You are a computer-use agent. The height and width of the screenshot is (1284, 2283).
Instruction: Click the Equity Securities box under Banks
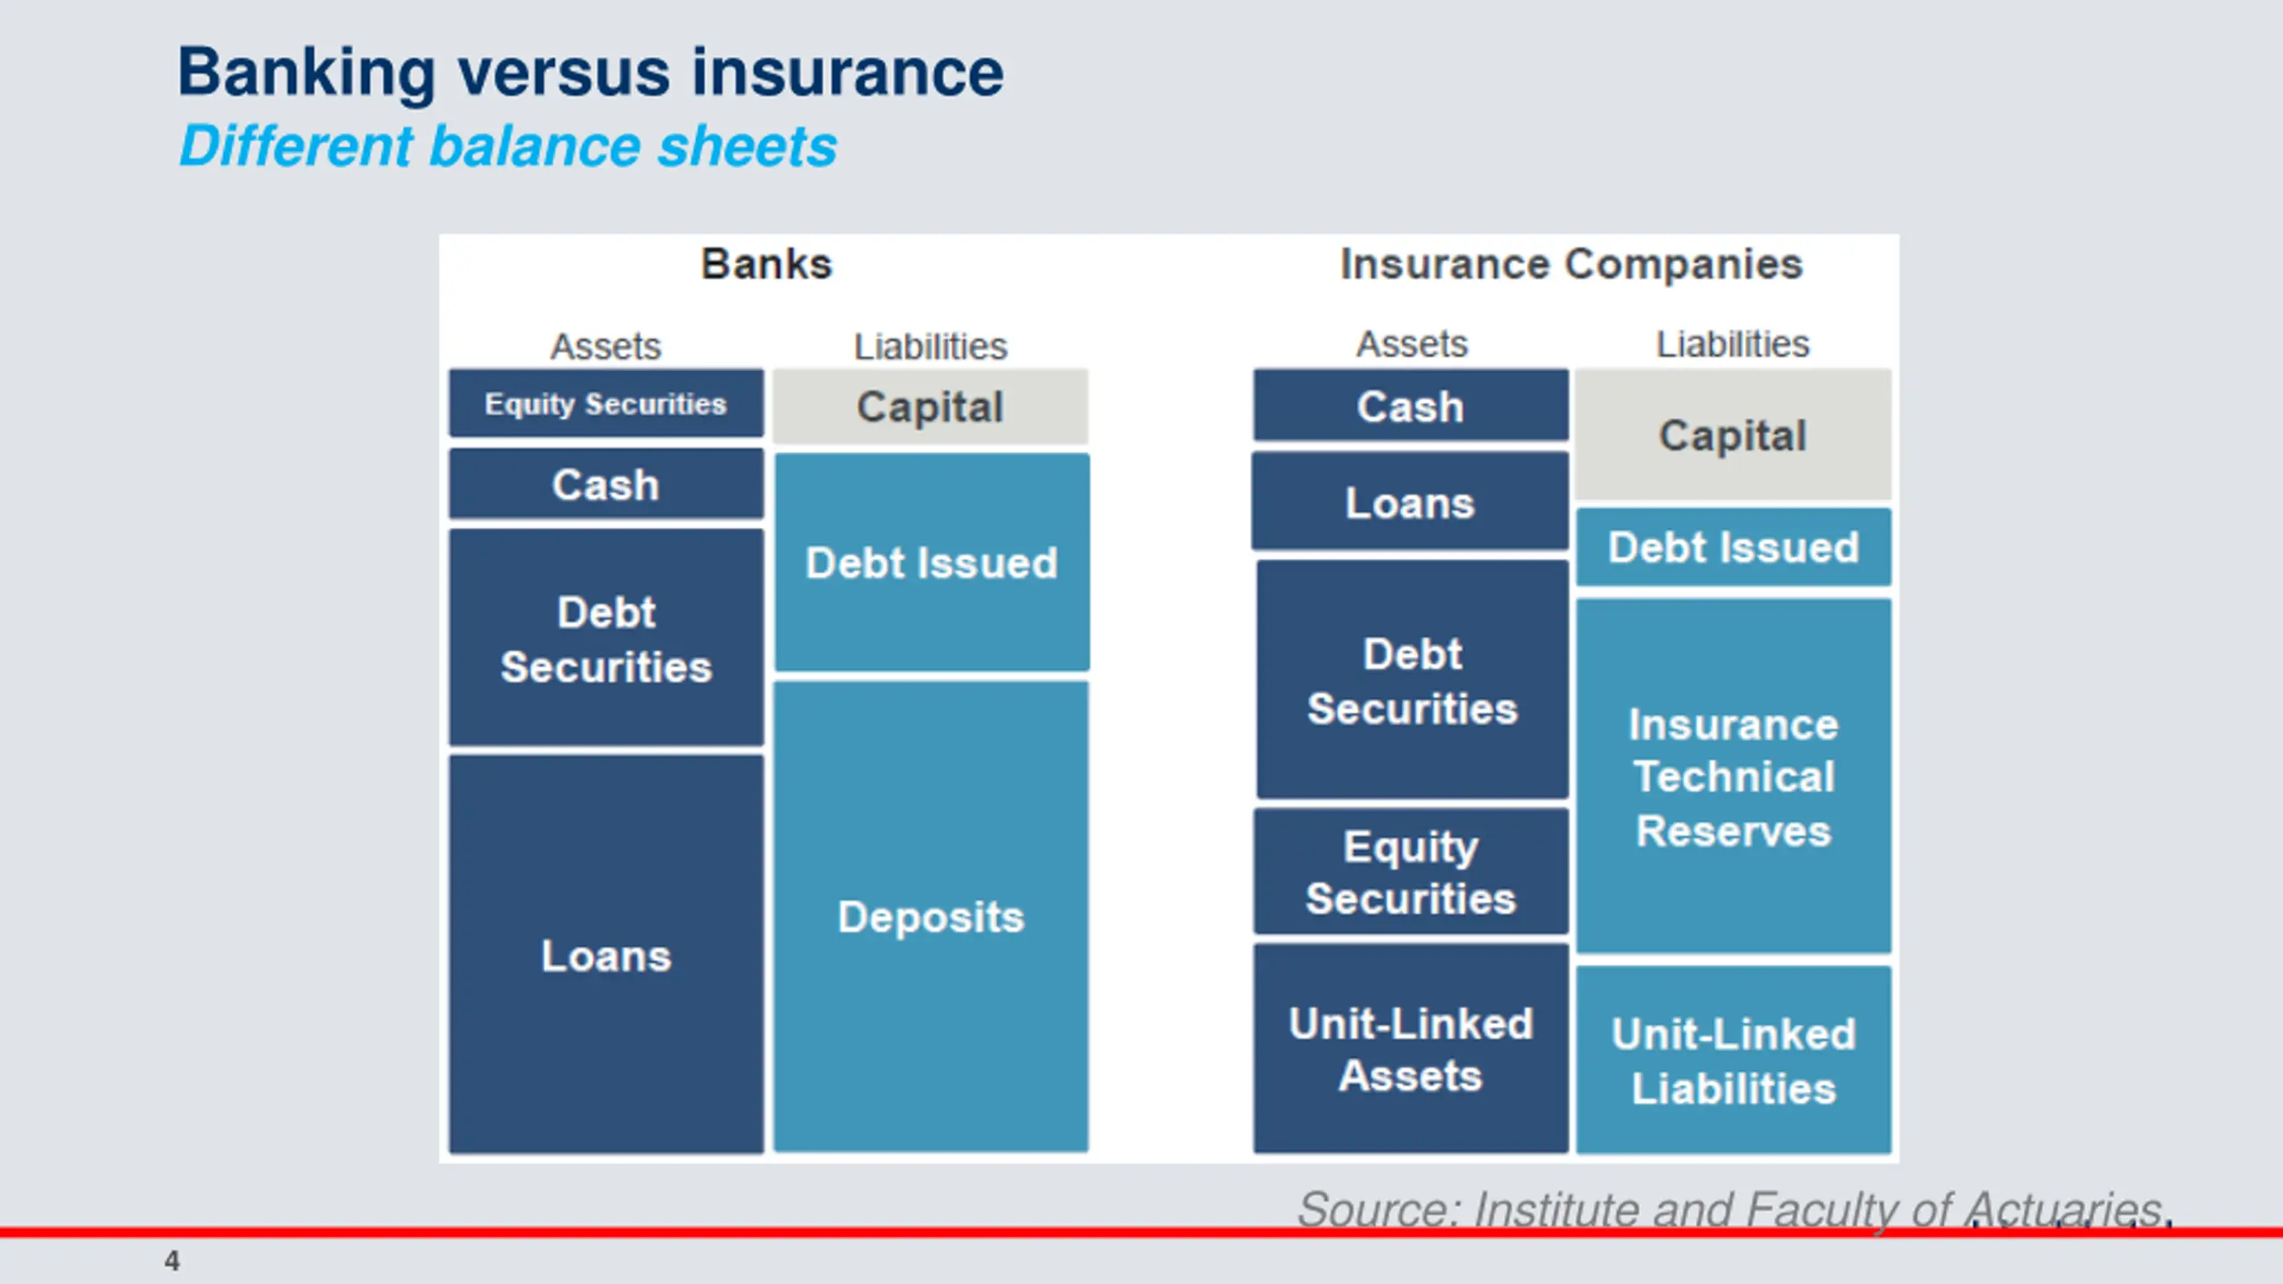[x=606, y=404]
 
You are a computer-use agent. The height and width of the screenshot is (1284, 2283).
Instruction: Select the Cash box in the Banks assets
[x=606, y=484]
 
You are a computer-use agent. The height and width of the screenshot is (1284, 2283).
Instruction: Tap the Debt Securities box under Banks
[x=606, y=638]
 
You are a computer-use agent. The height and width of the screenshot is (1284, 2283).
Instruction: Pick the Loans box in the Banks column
[x=606, y=955]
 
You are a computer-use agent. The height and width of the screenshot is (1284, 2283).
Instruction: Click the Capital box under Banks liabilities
[x=930, y=407]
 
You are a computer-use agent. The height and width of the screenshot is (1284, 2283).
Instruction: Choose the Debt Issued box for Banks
[x=932, y=563]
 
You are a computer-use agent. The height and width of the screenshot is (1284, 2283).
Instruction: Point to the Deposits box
[x=931, y=917]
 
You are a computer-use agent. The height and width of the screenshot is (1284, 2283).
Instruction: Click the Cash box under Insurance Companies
[x=1411, y=406]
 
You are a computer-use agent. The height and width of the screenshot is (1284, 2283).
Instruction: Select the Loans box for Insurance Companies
[x=1410, y=502]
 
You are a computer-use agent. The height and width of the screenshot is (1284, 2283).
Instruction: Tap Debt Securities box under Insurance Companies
[x=1413, y=680]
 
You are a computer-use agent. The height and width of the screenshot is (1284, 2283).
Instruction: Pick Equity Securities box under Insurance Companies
[x=1411, y=872]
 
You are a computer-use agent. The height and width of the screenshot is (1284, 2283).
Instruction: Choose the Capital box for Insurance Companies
[x=1733, y=435]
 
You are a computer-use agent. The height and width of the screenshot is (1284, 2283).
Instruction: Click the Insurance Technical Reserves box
[x=1734, y=777]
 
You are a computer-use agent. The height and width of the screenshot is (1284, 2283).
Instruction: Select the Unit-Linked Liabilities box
[x=1734, y=1060]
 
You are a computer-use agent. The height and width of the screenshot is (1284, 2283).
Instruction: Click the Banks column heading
[x=767, y=264]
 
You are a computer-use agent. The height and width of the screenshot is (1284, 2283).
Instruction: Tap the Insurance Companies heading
[x=1571, y=265]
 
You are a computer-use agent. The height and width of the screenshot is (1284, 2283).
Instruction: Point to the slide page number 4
[x=172, y=1261]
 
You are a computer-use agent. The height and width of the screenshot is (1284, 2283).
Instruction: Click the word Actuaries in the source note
[x=2065, y=1210]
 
